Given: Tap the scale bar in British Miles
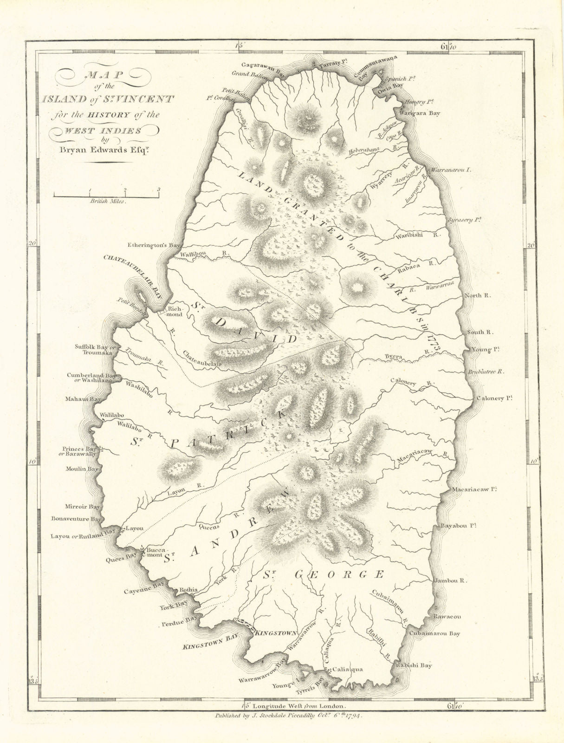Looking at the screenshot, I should [106, 196].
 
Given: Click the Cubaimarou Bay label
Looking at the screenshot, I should [434, 633].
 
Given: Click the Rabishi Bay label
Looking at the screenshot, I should [413, 665].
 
